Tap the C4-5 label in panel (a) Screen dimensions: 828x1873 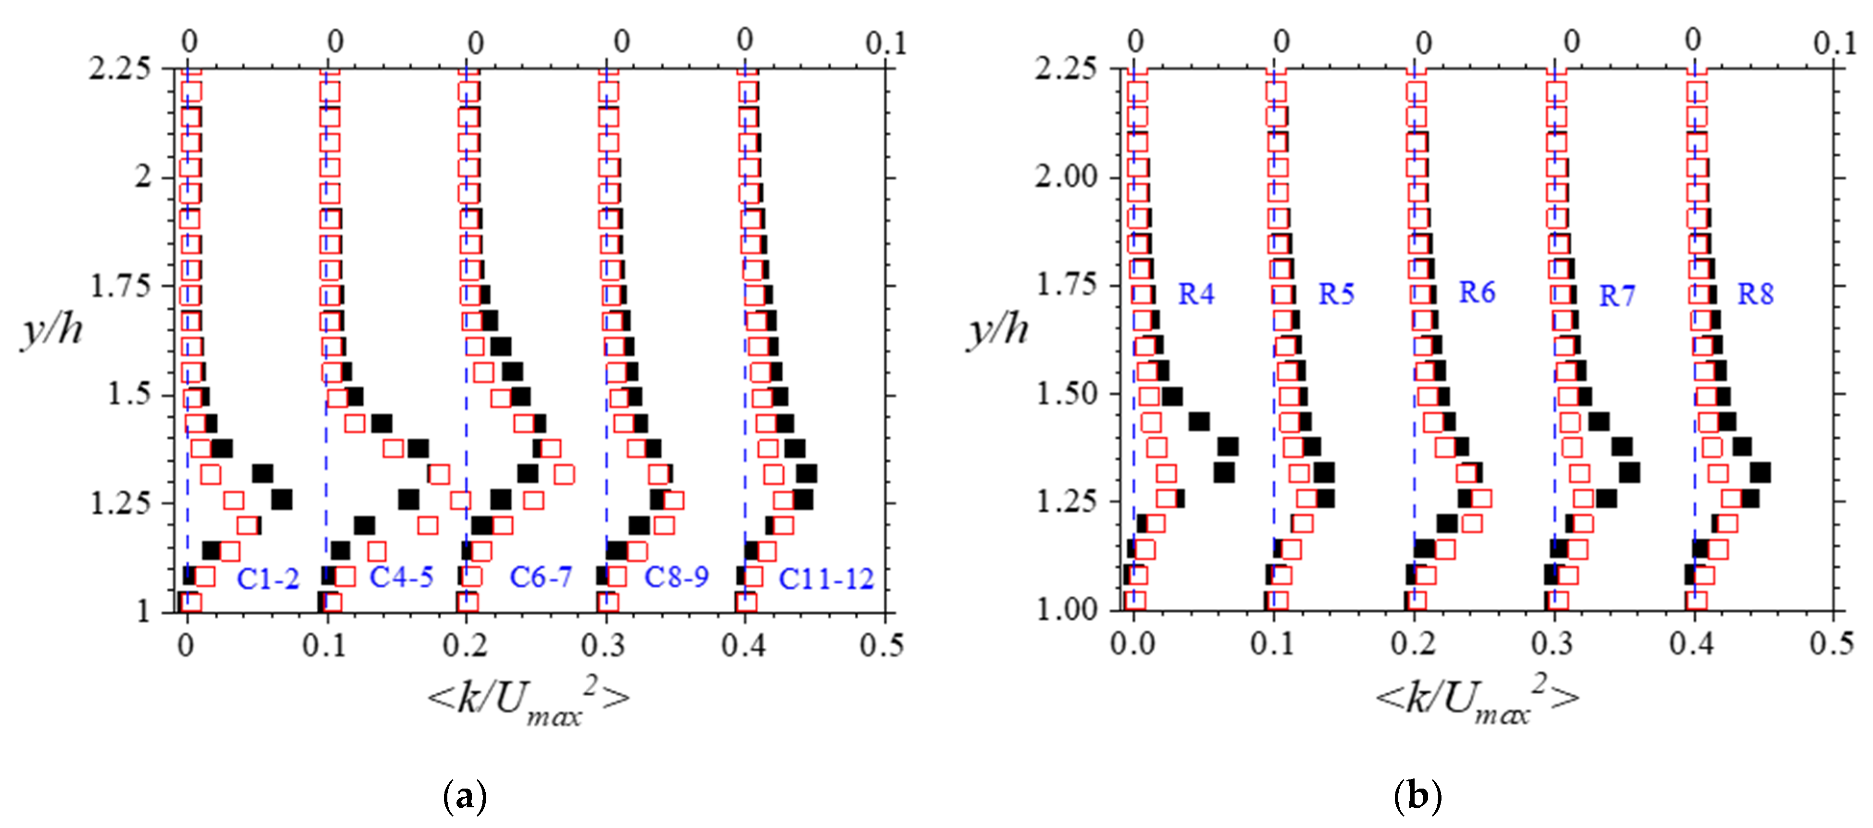(x=401, y=577)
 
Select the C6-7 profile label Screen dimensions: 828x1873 (x=540, y=577)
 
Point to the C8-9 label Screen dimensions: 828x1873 (x=676, y=577)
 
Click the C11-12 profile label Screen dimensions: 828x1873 (x=826, y=579)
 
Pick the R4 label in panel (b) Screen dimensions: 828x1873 (x=1196, y=294)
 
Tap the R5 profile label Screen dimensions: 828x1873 (x=1336, y=294)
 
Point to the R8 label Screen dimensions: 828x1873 (x=1755, y=294)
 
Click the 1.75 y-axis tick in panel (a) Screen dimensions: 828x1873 (x=120, y=286)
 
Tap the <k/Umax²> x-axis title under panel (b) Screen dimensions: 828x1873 (x=1476, y=699)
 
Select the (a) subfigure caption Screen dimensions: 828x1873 (x=465, y=797)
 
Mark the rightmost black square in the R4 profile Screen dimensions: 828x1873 (x=1228, y=447)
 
